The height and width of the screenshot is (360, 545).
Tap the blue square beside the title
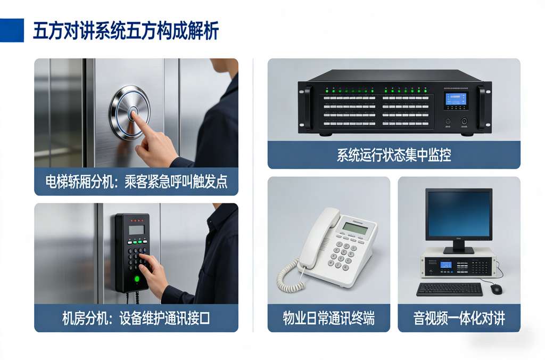point(12,30)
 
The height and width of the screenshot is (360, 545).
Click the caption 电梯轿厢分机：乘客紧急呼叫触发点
point(136,182)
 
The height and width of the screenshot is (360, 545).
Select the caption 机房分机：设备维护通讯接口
point(136,318)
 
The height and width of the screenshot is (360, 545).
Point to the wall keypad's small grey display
point(136,230)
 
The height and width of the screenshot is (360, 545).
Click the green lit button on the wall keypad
point(137,279)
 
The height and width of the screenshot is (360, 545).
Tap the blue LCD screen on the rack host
point(456,100)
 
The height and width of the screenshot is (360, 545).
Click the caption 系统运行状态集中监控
point(394,155)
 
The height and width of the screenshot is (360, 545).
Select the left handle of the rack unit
point(308,107)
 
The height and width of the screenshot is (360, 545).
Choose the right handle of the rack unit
point(482,107)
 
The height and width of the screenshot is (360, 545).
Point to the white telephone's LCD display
point(355,227)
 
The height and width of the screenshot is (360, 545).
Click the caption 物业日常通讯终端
point(328,318)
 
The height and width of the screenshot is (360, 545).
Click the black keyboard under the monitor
point(449,289)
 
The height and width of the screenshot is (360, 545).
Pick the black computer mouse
point(496,289)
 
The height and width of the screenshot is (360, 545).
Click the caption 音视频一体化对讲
point(459,318)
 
